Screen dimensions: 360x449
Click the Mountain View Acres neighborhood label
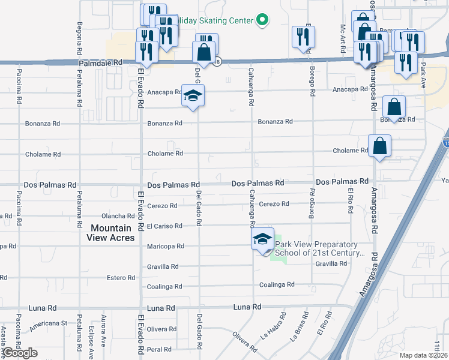(x=111, y=233)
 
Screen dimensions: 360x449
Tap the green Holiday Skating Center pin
(x=262, y=20)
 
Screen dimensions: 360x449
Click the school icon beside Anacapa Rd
(x=193, y=95)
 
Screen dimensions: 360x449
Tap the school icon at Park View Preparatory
(x=262, y=239)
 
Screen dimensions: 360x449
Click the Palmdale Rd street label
(x=100, y=62)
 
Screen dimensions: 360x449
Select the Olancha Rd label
(x=118, y=216)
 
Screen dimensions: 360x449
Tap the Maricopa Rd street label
(x=163, y=247)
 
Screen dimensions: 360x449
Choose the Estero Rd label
(x=121, y=278)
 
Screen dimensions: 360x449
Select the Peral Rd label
(x=160, y=349)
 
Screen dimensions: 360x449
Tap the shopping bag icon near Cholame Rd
(x=379, y=146)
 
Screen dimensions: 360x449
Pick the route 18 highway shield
(x=217, y=61)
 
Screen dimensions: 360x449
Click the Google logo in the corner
(x=20, y=353)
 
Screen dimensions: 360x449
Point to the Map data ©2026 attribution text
(x=424, y=355)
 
